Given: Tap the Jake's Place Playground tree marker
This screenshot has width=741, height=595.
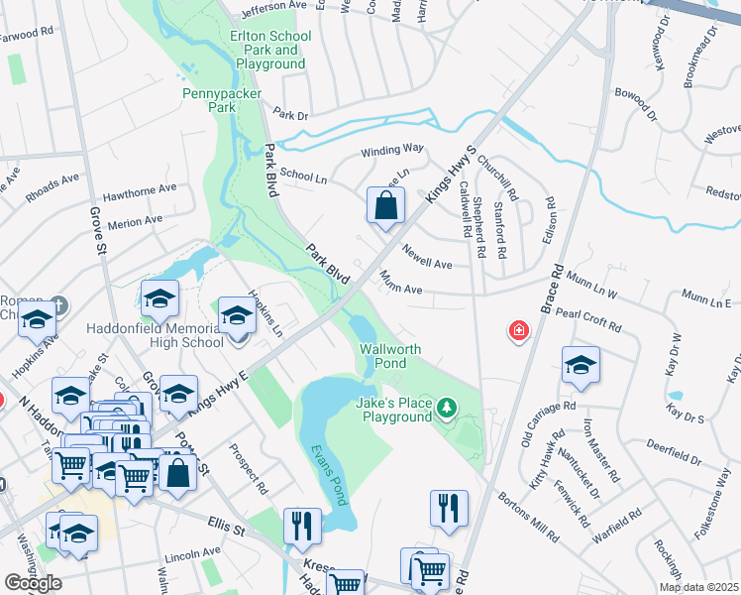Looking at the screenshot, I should point(447,407).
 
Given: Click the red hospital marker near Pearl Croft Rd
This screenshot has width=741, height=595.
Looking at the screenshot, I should point(518,330).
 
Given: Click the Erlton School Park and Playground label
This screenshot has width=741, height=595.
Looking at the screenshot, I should point(269,50).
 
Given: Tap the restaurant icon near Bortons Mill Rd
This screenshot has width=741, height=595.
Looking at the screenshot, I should point(449,509).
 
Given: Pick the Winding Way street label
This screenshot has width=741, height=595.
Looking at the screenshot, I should point(391,148).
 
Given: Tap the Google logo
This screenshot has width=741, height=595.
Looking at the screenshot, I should point(33,582).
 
